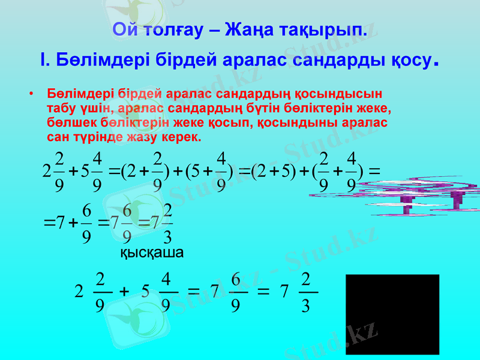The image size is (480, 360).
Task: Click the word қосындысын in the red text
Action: pos(340,94)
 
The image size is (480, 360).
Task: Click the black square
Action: pos(392,314)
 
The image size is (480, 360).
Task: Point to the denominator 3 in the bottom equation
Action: pos(305,307)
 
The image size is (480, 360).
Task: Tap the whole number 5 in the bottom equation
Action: pos(145,293)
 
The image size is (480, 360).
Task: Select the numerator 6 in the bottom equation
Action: pos(235,280)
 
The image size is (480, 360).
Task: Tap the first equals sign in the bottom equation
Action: pos(193,292)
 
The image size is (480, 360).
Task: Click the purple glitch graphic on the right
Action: pos(419,195)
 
